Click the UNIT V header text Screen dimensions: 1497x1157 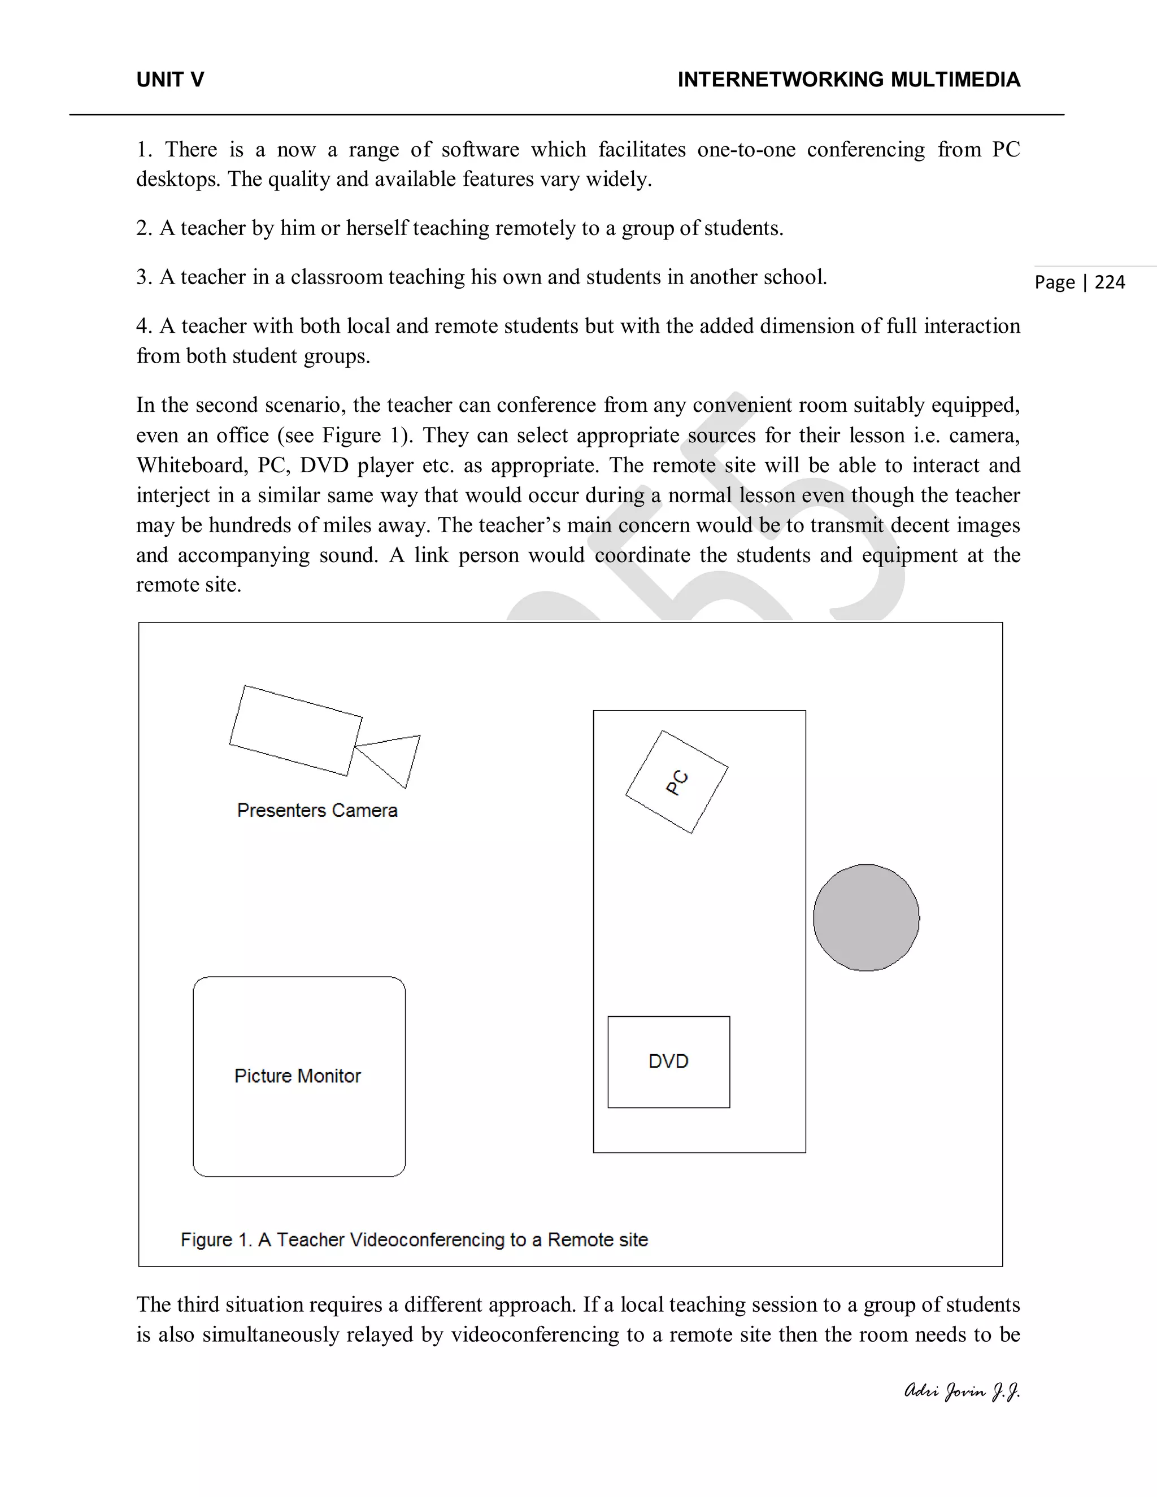pos(170,80)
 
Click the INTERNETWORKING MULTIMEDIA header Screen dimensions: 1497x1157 pos(849,80)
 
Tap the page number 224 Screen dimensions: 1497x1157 pos(1110,282)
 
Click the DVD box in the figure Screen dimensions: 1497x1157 pos(668,1062)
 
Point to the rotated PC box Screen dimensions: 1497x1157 pos(676,782)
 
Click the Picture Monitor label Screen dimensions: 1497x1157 pos(298,1076)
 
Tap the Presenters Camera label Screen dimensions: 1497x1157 pos(317,811)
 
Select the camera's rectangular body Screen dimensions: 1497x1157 pos(295,730)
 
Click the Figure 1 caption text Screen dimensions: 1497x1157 pos(414,1240)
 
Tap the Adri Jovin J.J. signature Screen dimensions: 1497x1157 pos(962,1391)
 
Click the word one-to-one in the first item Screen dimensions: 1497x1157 pos(746,150)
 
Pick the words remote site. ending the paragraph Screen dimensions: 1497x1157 pos(189,585)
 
